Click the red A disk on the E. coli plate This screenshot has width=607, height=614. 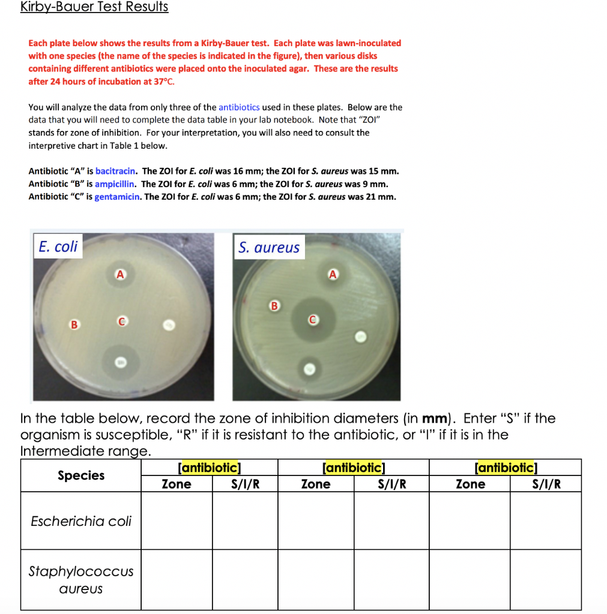coord(120,275)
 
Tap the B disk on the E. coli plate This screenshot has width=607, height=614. coord(74,324)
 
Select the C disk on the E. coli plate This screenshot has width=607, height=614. coord(121,323)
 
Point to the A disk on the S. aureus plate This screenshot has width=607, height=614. coord(333,275)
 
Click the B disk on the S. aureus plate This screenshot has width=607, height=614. coord(275,306)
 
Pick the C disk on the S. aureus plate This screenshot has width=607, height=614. coord(312,320)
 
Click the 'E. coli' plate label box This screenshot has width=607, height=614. coord(58,246)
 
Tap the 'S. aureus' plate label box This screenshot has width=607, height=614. coord(268,247)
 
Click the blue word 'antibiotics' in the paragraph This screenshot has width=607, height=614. coord(239,107)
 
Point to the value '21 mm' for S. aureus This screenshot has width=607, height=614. coord(383,197)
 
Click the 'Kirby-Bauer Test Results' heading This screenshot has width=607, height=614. coord(94,7)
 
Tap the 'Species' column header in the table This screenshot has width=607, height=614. coord(81,475)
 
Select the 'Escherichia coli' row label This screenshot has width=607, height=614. coord(81,521)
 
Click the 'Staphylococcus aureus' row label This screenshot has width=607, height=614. coord(81,580)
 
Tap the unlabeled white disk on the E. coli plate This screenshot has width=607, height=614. coord(169,326)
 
